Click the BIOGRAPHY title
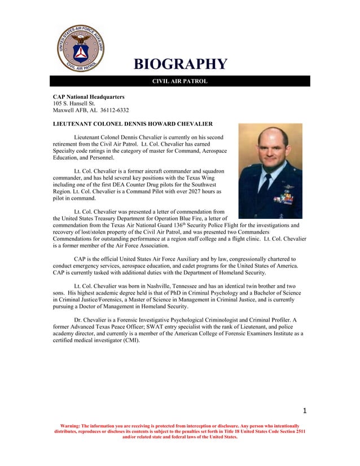(180, 64)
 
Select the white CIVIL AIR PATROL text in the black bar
(180, 81)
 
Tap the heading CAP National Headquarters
(89, 97)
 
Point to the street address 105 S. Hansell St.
(74, 103)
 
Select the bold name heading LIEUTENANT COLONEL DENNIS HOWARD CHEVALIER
(133, 124)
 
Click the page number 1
(304, 410)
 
